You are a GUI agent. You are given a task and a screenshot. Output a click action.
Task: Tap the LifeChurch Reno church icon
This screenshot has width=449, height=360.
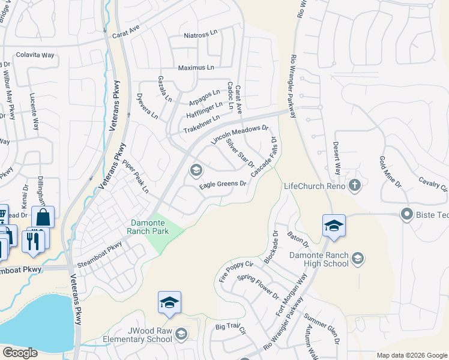pyautogui.click(x=355, y=185)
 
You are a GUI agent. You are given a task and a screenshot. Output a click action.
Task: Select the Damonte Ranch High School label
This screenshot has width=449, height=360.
pyautogui.click(x=319, y=259)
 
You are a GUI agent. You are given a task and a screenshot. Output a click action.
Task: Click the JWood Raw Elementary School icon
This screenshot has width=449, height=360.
pyautogui.click(x=181, y=334)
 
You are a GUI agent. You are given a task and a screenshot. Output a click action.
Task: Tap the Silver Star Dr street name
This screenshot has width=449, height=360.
pyautogui.click(x=240, y=152)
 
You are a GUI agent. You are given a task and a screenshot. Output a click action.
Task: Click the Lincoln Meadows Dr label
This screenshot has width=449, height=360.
pyautogui.click(x=240, y=135)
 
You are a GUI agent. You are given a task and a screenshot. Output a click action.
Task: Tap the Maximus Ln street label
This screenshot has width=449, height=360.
pyautogui.click(x=195, y=68)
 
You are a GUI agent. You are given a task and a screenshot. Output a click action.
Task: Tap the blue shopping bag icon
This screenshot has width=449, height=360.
pyautogui.click(x=43, y=217)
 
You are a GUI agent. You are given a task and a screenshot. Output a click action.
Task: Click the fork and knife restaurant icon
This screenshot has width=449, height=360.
pyautogui.click(x=33, y=240)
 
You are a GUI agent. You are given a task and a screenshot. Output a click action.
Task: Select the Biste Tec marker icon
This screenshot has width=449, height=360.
pyautogui.click(x=407, y=214)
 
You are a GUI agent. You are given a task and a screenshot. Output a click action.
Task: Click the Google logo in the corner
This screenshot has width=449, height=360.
pyautogui.click(x=20, y=353)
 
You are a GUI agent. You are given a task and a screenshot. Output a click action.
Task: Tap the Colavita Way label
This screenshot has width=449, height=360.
pyautogui.click(x=35, y=55)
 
